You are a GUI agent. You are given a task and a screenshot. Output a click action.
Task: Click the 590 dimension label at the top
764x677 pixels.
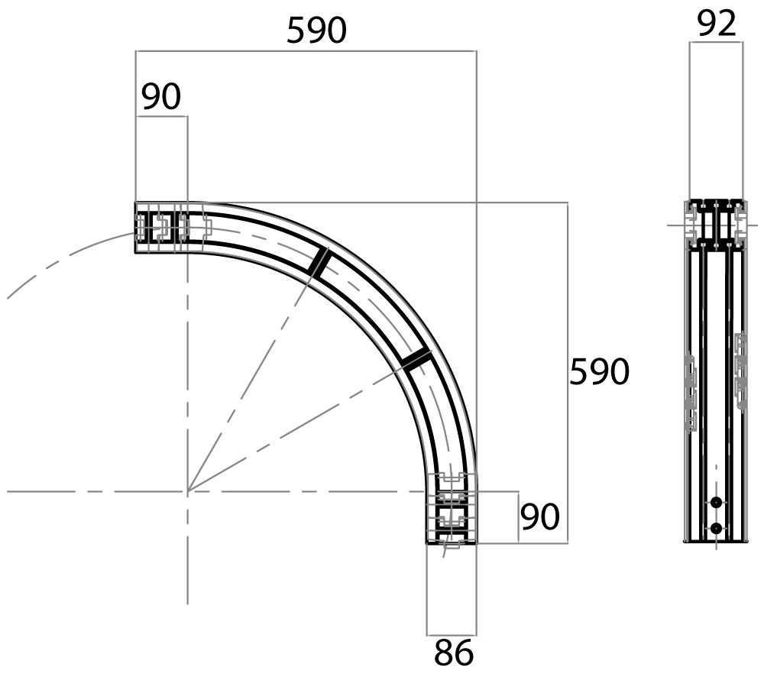(317, 31)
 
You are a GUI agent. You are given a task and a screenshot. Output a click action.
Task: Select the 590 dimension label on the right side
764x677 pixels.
(599, 371)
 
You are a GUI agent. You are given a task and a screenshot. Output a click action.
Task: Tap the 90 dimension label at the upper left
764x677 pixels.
(160, 96)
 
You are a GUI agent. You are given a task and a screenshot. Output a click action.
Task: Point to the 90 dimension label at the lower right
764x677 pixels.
(540, 517)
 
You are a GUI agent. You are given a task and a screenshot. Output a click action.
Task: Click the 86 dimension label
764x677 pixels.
(454, 653)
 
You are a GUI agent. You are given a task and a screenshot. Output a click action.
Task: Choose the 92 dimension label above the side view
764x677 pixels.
(717, 24)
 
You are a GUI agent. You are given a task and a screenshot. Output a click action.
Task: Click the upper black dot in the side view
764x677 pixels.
(716, 502)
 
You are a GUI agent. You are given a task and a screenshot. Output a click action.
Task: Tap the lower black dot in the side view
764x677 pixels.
(716, 528)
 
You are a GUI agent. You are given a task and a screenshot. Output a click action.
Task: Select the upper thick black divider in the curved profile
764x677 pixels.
(319, 263)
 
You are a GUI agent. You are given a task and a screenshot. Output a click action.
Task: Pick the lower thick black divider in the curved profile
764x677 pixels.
(416, 359)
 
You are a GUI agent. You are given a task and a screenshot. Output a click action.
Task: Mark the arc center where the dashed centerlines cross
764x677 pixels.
(188, 491)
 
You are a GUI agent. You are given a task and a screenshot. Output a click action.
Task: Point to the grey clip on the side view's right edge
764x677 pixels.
(740, 371)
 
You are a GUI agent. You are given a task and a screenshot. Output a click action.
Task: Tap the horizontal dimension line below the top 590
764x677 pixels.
(306, 50)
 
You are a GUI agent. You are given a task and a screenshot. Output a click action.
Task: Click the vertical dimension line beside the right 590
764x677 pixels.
(568, 373)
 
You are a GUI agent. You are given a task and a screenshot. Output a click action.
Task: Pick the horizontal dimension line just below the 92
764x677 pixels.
(717, 42)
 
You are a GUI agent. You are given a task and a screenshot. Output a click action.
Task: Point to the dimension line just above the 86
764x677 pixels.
(452, 636)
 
